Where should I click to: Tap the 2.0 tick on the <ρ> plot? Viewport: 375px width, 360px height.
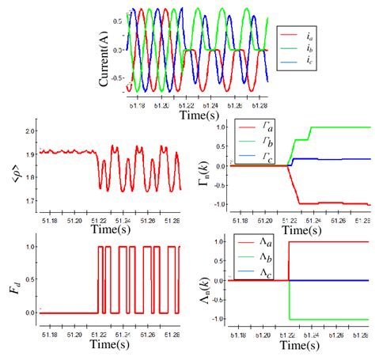point(31,131)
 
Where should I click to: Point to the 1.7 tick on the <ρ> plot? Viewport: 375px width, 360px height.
point(31,202)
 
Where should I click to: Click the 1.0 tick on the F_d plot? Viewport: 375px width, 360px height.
point(31,247)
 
